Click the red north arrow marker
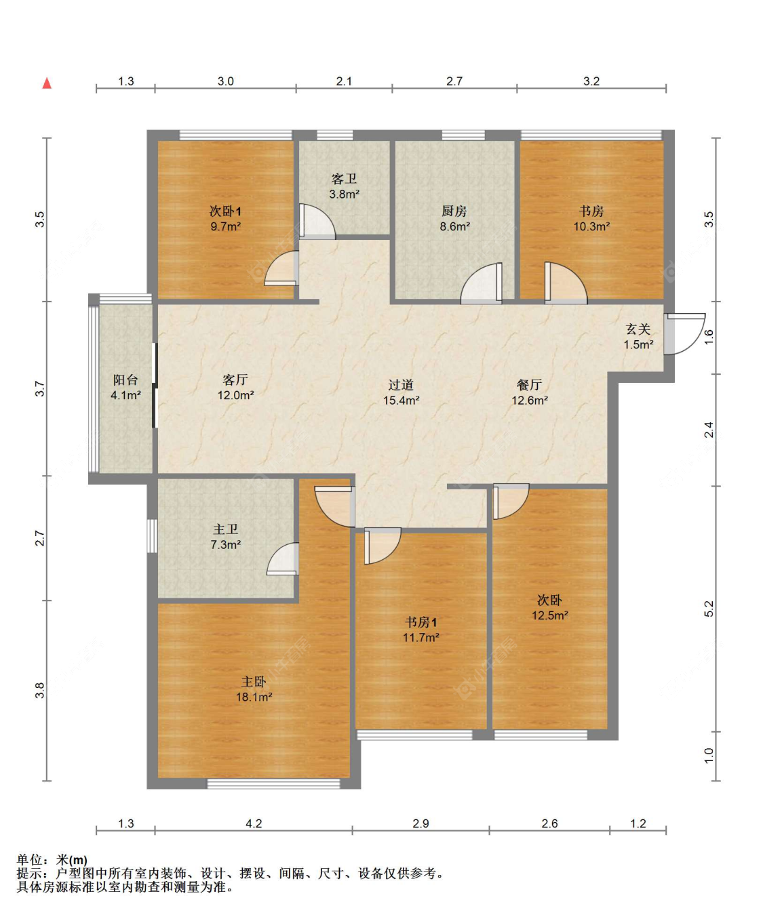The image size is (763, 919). point(47,83)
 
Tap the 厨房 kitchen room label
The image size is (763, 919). point(454,211)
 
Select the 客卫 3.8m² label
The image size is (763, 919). point(344,186)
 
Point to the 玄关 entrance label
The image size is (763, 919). point(638,329)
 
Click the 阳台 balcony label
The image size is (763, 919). point(125,380)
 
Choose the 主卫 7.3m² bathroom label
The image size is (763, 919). point(226,537)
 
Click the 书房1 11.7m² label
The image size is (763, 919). point(420,630)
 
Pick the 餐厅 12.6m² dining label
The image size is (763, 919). point(530,392)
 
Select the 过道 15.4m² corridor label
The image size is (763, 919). point(401,392)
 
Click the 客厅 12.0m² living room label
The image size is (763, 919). point(235,387)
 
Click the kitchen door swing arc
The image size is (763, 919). point(481,283)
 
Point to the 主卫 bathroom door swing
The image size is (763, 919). point(283,558)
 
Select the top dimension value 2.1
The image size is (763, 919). point(344,81)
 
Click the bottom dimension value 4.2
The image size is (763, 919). point(253,823)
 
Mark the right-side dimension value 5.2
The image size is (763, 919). point(709,609)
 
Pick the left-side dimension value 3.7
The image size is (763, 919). point(40,388)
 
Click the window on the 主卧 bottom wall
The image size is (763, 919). point(273,784)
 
